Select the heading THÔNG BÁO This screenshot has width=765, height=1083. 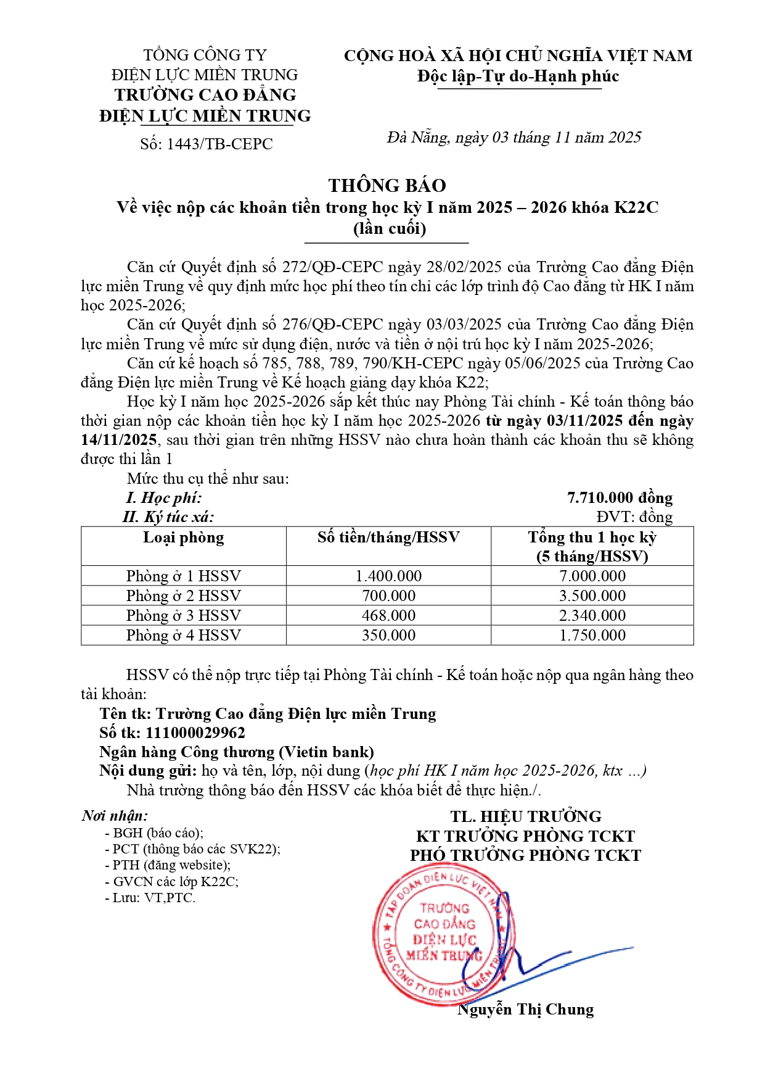pyautogui.click(x=387, y=185)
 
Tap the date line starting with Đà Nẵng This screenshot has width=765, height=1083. pyautogui.click(x=514, y=137)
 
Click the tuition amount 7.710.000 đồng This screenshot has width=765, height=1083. pyautogui.click(x=620, y=497)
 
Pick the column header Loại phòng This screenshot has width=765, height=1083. pyautogui.click(x=184, y=537)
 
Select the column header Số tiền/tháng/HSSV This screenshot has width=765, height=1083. pyautogui.click(x=388, y=537)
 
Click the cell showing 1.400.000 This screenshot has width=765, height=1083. pyautogui.click(x=388, y=576)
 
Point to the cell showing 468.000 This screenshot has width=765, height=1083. pyautogui.click(x=388, y=615)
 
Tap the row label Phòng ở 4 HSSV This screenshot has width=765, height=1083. pyautogui.click(x=184, y=635)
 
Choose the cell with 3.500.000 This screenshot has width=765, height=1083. pyautogui.click(x=592, y=595)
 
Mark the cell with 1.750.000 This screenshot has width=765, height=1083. pyautogui.click(x=592, y=635)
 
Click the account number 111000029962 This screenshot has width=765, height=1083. pyautogui.click(x=195, y=732)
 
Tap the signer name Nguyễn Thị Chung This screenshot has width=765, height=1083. pyautogui.click(x=526, y=1009)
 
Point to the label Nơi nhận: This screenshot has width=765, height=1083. pyautogui.click(x=115, y=816)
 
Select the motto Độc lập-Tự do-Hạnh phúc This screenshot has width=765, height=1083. pyautogui.click(x=518, y=76)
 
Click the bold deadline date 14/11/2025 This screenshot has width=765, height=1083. pyautogui.click(x=119, y=439)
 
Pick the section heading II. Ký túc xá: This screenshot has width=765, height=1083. pyautogui.click(x=168, y=517)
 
